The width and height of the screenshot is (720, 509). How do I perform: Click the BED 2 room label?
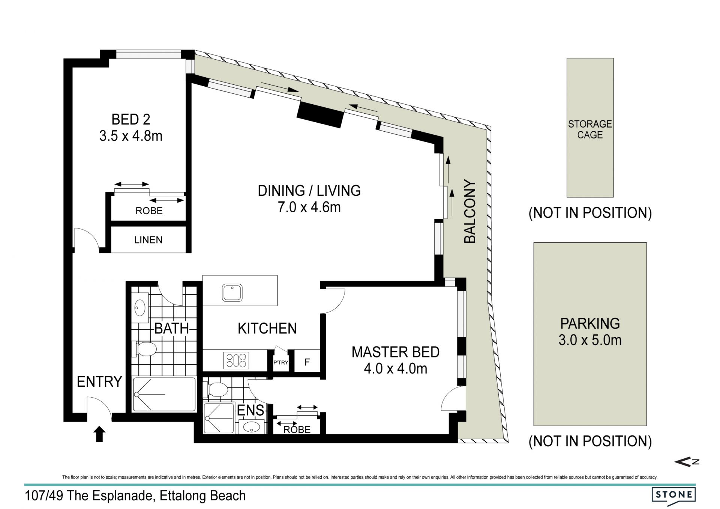click(x=131, y=120)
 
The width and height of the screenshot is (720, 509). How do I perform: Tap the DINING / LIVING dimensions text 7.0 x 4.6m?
click(x=309, y=207)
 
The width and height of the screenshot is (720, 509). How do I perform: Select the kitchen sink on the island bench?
click(x=232, y=293)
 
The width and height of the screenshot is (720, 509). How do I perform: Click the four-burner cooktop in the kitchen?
click(x=236, y=360)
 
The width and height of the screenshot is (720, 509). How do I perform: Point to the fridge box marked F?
click(x=307, y=361)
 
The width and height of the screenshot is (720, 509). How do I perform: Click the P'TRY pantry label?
click(x=280, y=362)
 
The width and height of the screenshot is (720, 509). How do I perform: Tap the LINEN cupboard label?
click(x=148, y=240)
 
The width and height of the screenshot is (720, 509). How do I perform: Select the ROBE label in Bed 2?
click(x=149, y=211)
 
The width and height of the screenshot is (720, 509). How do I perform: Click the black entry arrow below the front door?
click(x=99, y=434)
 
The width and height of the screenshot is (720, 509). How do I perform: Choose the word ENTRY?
click(x=99, y=381)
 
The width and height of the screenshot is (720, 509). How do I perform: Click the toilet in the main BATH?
click(x=146, y=349)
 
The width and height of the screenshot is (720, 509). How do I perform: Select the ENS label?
click(x=250, y=410)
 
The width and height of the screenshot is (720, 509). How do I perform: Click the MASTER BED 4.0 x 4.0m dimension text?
click(x=396, y=369)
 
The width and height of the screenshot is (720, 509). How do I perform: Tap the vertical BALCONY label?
click(x=470, y=212)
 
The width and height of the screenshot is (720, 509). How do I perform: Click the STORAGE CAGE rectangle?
click(x=590, y=128)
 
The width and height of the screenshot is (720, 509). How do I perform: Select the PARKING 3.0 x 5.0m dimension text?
click(x=590, y=340)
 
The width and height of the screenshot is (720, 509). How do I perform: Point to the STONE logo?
click(x=673, y=494)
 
